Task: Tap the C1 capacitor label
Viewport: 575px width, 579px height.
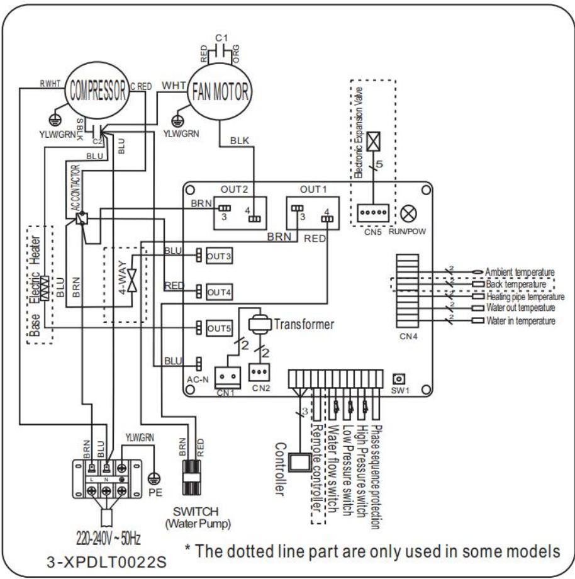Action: click(x=221, y=38)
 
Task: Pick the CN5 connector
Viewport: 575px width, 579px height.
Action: click(x=369, y=214)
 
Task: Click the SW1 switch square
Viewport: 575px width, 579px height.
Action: click(x=397, y=379)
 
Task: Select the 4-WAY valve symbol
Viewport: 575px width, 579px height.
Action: click(x=131, y=281)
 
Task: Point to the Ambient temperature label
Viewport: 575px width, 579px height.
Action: click(x=520, y=272)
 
